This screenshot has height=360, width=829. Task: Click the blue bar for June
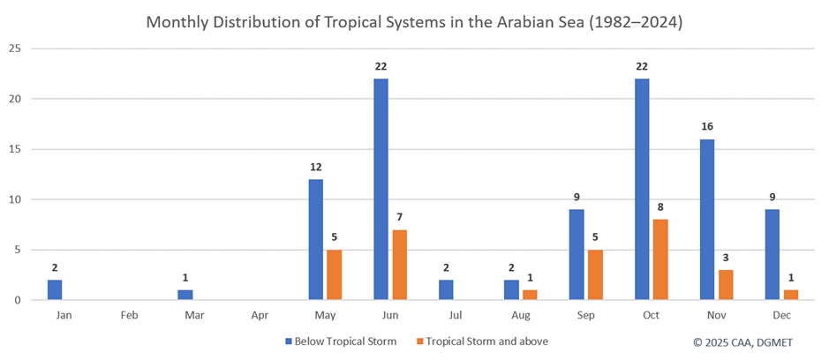381,189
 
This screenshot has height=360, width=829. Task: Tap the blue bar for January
55,289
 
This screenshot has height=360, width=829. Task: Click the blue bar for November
706,219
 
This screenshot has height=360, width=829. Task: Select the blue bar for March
185,295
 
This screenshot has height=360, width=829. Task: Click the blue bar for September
576,254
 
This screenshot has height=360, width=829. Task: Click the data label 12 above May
315,167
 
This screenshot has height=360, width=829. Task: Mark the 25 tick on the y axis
13,48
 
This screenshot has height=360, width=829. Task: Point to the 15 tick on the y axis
13,148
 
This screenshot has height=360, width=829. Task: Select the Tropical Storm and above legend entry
482,341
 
